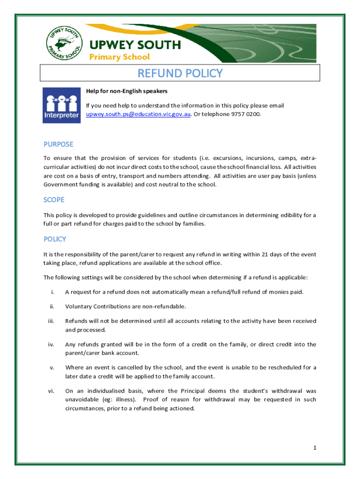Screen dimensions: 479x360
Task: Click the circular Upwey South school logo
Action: point(65,41)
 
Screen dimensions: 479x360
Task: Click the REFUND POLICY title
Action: point(180,73)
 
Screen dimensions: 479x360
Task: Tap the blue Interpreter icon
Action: point(61,105)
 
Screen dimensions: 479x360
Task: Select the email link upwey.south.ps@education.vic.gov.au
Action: point(138,114)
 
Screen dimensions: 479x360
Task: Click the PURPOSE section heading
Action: point(58,144)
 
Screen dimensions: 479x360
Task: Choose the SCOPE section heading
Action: point(54,200)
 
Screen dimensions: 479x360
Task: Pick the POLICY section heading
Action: point(55,239)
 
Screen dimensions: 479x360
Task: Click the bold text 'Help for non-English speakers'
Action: point(127,91)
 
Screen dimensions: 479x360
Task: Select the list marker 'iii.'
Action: point(51,321)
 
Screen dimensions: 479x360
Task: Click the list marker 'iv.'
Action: point(51,345)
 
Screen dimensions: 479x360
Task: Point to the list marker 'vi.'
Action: point(51,391)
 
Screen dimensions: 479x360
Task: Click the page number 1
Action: point(315,448)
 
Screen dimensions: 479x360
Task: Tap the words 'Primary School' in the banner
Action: point(119,57)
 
